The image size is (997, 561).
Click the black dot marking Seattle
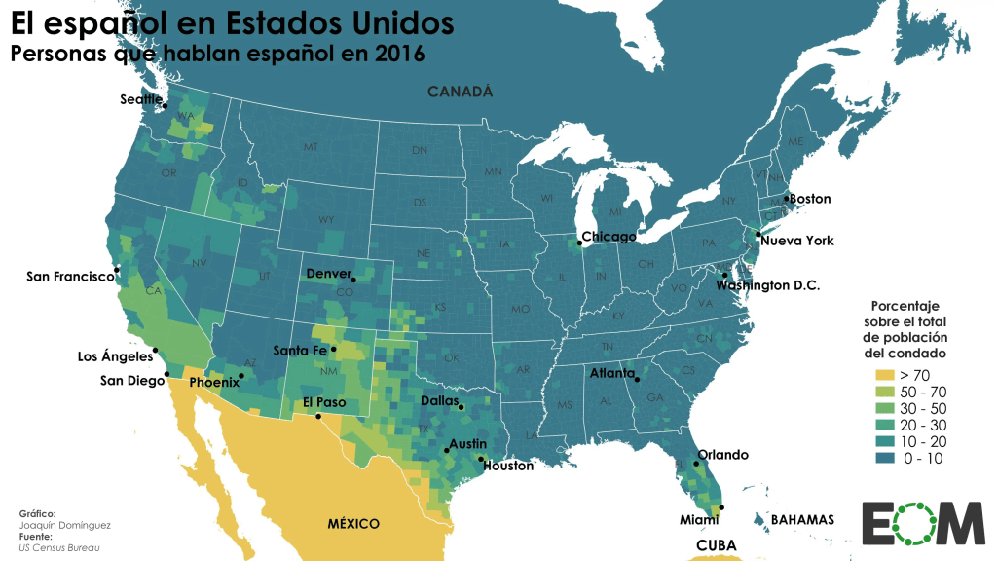[166, 105]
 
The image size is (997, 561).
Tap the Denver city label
[328, 274]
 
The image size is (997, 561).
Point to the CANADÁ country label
[460, 92]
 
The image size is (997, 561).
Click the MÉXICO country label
[353, 524]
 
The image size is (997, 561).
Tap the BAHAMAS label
[802, 520]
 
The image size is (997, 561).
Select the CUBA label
[717, 545]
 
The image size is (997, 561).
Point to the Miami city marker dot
[720, 505]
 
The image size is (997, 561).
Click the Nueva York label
[796, 241]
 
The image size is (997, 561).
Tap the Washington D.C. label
[768, 285]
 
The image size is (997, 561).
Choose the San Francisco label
[70, 277]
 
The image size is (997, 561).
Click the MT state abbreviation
[311, 147]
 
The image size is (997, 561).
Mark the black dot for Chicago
[578, 243]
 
